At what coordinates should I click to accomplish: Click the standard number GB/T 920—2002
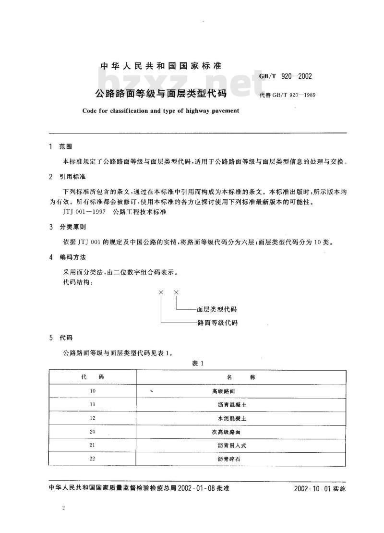pos(286,77)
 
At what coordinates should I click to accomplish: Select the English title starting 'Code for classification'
pos(160,110)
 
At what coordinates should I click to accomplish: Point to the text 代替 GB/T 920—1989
pos(287,95)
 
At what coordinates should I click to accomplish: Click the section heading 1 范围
pos(61,146)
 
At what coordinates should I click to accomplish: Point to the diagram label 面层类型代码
pos(217,309)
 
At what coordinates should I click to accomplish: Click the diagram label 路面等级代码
pos(217,323)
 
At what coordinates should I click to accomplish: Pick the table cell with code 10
pos(93,391)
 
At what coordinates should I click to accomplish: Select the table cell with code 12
pos(93,418)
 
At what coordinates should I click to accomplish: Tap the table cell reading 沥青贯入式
pos(232,445)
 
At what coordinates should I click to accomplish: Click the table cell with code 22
pos(93,459)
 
